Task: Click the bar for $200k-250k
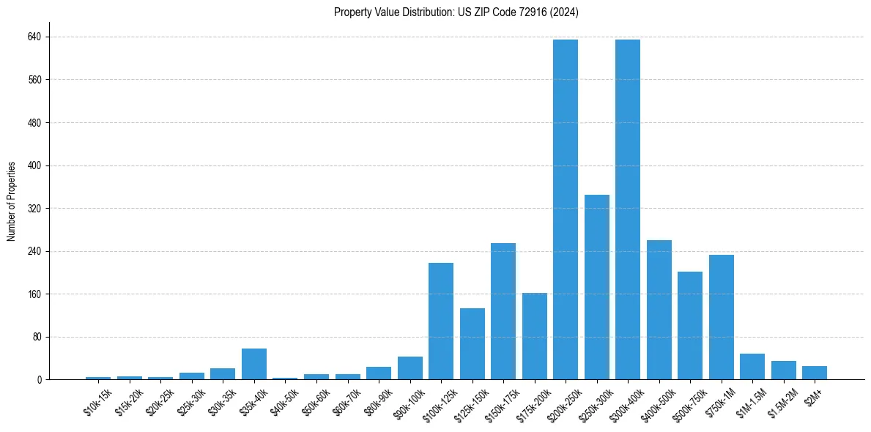[566, 209]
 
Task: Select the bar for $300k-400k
[628, 209]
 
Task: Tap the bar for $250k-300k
[597, 287]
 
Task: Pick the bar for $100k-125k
[441, 321]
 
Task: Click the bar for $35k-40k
[254, 364]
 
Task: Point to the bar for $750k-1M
[722, 317]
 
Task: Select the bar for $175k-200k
[535, 336]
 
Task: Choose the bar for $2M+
[815, 373]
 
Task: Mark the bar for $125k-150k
[472, 344]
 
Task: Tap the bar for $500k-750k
[690, 326]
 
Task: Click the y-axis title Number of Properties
[12, 201]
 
